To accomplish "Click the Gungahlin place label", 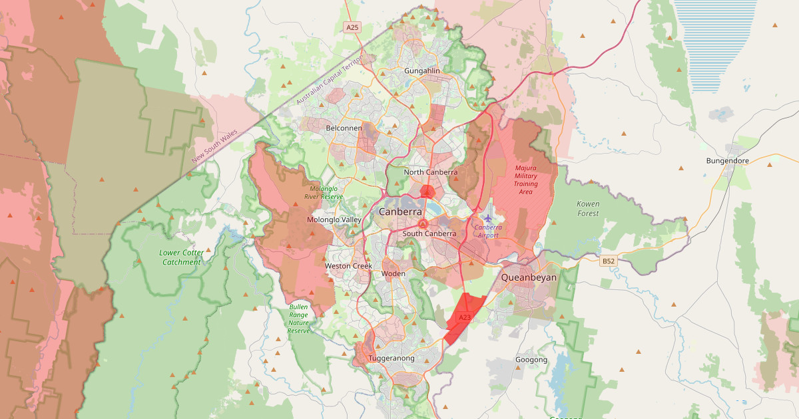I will [422, 70].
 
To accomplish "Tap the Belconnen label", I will [344, 128].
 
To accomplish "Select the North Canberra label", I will [431, 172].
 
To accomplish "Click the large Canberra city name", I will [400, 211].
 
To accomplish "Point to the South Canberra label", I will [429, 233].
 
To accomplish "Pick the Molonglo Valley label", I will [334, 219].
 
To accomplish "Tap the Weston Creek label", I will [348, 266].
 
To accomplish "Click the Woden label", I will [394, 273].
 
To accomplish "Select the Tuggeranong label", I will [392, 358].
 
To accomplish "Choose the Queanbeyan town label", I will [529, 277].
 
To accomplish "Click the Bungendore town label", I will [728, 161].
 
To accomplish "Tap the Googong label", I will [531, 360].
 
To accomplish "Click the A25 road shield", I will [352, 27].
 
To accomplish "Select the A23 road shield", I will [465, 318].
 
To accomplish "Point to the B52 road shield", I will [608, 261].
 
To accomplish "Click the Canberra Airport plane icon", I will [488, 217].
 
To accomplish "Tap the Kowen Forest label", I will [589, 209].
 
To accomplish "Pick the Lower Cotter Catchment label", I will [181, 257].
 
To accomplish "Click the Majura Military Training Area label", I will [525, 180].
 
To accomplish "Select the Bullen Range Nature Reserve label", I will [299, 319].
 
